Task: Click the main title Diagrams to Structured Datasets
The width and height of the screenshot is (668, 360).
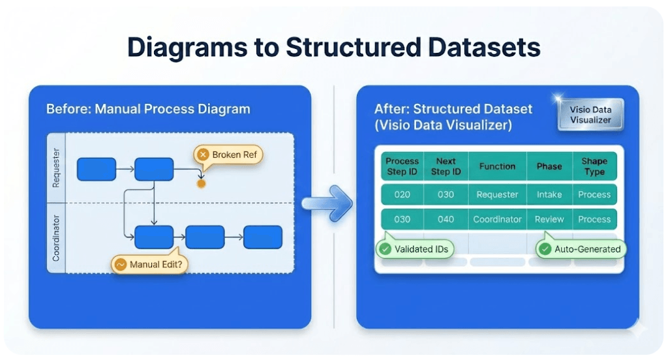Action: [x=333, y=48]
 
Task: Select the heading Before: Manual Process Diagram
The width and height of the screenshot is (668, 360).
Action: [x=148, y=108]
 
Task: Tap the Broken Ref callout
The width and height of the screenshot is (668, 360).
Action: [x=228, y=155]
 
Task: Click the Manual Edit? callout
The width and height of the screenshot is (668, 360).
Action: [x=149, y=265]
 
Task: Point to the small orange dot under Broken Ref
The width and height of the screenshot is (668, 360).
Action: [x=201, y=184]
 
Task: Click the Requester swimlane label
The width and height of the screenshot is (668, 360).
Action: [x=56, y=168]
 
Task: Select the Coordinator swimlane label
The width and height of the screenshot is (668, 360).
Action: [x=56, y=238]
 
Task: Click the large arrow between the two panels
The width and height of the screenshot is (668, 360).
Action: [x=328, y=204]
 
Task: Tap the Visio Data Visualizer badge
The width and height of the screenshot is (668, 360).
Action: [x=590, y=115]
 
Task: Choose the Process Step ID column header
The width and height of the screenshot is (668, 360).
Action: [x=402, y=166]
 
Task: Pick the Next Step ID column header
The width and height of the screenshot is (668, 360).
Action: [x=446, y=166]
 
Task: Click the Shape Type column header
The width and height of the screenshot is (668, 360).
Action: [x=594, y=166]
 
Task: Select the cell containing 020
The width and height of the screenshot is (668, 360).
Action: [x=402, y=194]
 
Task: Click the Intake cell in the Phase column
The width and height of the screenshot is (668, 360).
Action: [x=549, y=194]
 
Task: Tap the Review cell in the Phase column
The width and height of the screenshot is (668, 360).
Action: [x=549, y=219]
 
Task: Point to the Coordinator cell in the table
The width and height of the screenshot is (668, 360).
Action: [x=497, y=219]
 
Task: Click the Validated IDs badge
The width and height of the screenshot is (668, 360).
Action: [x=416, y=249]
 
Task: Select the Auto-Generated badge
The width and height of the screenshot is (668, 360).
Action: [x=580, y=249]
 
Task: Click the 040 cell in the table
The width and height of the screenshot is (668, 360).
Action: [x=446, y=219]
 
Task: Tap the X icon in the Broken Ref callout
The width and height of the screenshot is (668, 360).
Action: [x=203, y=155]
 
